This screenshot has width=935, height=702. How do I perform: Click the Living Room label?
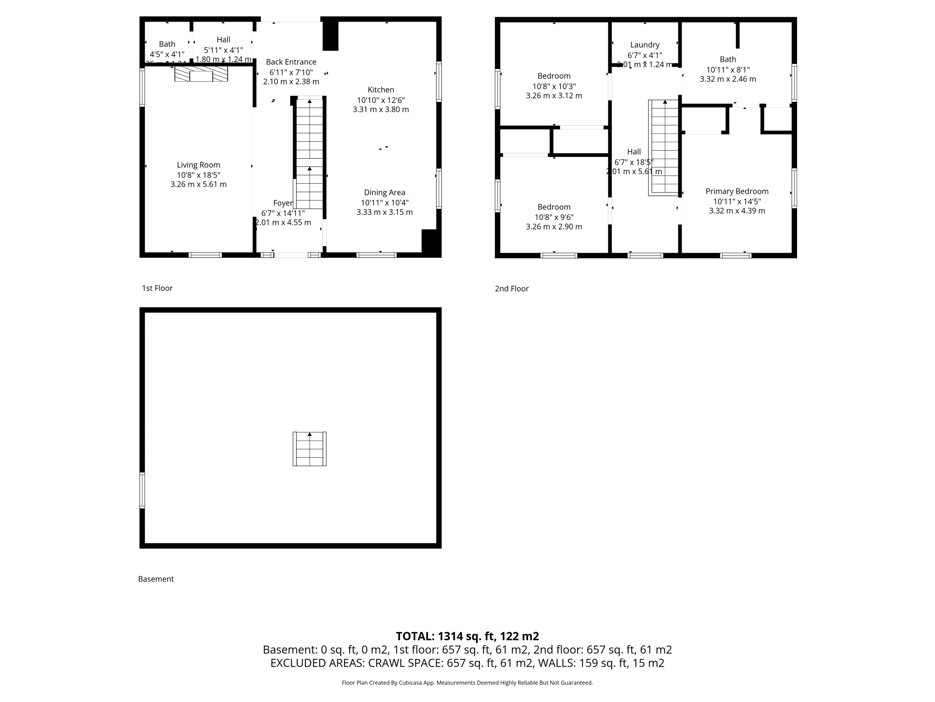tap(198, 165)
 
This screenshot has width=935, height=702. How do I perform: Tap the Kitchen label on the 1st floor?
tap(381, 90)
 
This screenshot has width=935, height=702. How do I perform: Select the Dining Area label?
tap(384, 193)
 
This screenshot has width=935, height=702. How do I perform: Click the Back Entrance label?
tap(291, 62)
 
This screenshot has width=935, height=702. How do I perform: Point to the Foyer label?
tap(283, 203)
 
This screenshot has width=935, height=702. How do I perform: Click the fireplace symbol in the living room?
tap(201, 74)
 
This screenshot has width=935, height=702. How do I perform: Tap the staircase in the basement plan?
tap(310, 449)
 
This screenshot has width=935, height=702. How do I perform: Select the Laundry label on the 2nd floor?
tap(645, 45)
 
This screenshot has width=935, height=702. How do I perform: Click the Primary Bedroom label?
tap(737, 191)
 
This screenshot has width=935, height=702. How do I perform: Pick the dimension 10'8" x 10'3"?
tap(554, 86)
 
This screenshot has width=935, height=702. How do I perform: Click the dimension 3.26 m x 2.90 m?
tap(554, 227)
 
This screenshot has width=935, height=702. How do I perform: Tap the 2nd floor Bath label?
tap(728, 59)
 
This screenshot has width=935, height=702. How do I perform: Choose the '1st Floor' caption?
tap(157, 288)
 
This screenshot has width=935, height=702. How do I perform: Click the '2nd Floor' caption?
tap(511, 289)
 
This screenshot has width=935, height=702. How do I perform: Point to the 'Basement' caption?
tap(156, 579)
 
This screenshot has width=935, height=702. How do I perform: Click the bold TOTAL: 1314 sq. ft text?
tap(467, 636)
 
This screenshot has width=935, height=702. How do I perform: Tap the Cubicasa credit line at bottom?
tap(467, 683)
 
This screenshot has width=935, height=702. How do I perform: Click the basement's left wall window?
tap(142, 490)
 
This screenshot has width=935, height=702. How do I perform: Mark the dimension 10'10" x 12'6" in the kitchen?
tap(381, 101)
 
